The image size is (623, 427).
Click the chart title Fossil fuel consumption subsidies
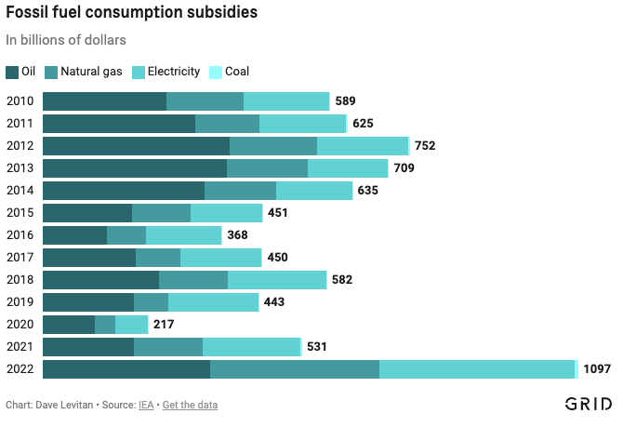132,14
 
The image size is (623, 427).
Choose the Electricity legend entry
166,72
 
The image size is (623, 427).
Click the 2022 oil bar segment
126,369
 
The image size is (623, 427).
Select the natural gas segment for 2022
295,369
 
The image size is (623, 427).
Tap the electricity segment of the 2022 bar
477,369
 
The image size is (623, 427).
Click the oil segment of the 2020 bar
69,325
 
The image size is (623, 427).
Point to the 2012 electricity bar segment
362,146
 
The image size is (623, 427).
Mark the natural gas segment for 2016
126,235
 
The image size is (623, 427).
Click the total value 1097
597,369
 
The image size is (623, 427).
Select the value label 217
164,325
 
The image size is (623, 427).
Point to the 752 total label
425,146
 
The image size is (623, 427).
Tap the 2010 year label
20,101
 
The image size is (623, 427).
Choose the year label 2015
20,213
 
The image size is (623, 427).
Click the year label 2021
20,347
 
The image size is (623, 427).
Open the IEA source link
146,405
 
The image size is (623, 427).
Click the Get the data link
190,405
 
